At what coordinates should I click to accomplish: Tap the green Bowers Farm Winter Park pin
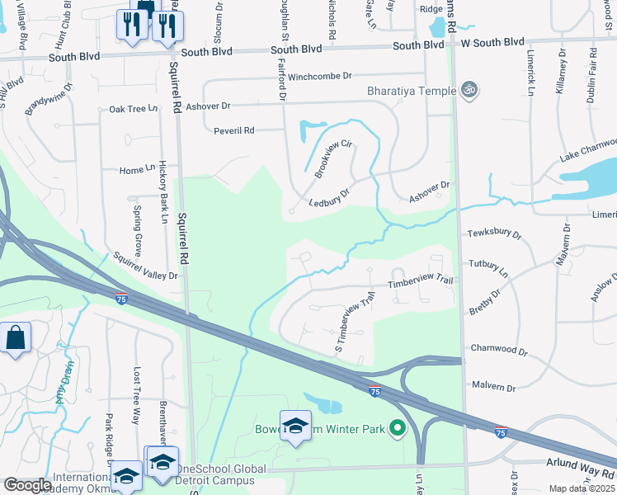398,428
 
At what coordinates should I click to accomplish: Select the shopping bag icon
16,338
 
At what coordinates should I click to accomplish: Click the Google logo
27,485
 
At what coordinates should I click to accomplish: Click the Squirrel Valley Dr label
146,266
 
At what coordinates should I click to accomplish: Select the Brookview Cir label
333,159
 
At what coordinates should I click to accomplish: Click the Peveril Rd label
233,130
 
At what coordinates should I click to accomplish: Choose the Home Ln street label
137,170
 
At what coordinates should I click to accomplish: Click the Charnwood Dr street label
498,350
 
